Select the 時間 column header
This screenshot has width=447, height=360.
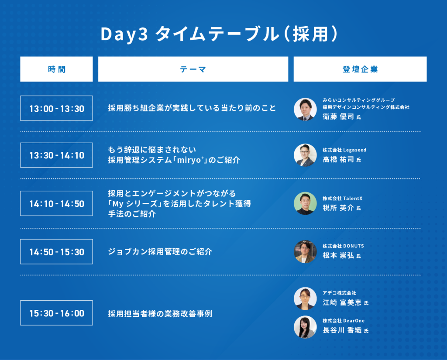(56, 69)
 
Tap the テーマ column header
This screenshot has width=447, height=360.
(193, 69)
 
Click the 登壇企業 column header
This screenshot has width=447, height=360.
(360, 69)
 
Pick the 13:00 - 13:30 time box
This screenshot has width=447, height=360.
(56, 108)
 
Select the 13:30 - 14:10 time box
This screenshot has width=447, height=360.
(56, 155)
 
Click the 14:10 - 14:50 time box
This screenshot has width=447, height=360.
(56, 203)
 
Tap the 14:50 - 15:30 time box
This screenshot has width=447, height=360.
(56, 252)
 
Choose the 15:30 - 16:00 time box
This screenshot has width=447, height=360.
(56, 313)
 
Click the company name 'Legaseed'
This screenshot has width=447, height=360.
(354, 150)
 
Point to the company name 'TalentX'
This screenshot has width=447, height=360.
(353, 199)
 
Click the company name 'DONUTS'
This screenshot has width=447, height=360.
(354, 246)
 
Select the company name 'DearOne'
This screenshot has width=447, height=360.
(354, 321)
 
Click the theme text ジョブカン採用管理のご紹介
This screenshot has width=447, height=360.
(160, 252)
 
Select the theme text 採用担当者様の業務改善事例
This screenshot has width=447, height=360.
(160, 314)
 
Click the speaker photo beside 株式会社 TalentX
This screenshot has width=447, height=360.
(305, 203)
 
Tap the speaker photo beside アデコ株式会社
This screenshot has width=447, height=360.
(305, 298)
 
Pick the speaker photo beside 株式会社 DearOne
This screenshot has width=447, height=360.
(305, 327)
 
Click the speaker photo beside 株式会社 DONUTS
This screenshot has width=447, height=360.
(305, 252)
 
